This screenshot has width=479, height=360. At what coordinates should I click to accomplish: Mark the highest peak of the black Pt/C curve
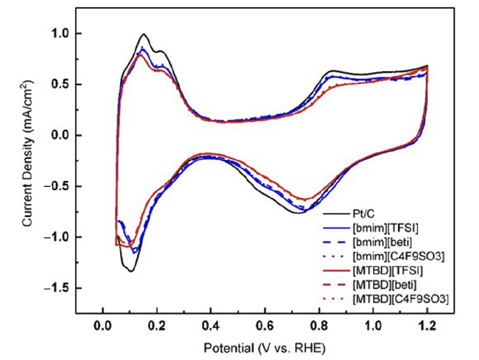(x=144, y=34)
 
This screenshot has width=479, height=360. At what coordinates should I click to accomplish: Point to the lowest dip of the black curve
(x=131, y=271)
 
